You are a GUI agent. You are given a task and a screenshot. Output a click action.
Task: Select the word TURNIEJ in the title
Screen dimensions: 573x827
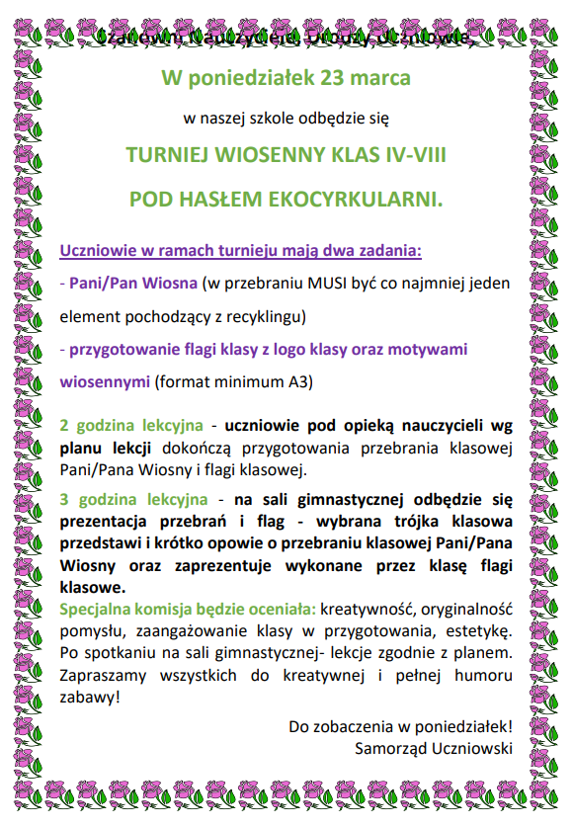pos(170,155)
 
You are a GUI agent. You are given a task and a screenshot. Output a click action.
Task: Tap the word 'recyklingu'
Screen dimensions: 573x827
pos(264,317)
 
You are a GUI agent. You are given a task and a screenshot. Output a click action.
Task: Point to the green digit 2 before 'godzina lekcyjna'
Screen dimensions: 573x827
pos(64,426)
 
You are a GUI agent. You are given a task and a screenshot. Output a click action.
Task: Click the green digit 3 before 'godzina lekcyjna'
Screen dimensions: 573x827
pos(64,499)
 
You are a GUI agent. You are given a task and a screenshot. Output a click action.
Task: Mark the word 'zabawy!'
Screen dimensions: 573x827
pos(91,697)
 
